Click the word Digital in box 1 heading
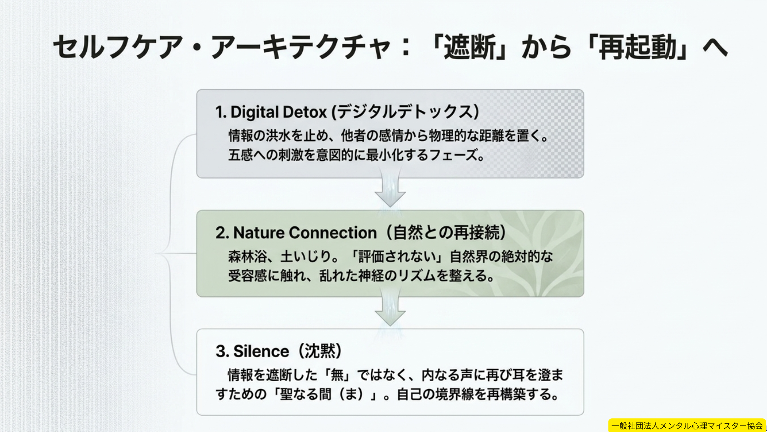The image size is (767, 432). (x=255, y=112)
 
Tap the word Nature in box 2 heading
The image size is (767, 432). (x=259, y=233)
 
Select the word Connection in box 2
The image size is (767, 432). (x=333, y=233)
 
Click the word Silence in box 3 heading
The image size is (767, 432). (x=261, y=351)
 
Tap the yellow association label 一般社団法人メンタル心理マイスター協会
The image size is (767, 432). (x=687, y=426)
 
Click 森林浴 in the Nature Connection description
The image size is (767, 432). (x=247, y=256)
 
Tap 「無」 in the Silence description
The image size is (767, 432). (x=337, y=375)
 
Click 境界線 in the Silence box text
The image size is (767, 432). (x=454, y=394)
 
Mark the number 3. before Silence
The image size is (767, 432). (x=222, y=351)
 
